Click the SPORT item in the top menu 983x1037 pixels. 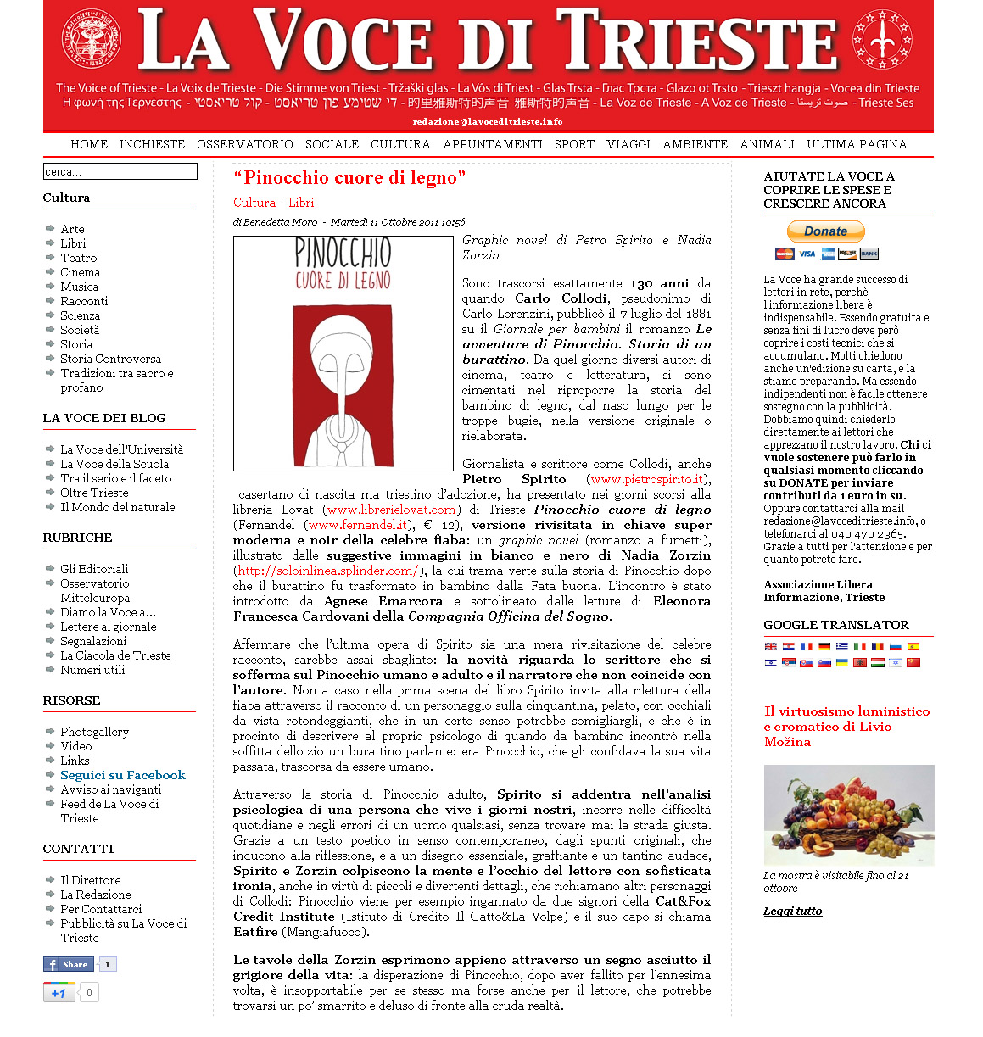point(574,144)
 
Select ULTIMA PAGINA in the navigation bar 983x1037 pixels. point(857,144)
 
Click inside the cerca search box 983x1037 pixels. point(120,171)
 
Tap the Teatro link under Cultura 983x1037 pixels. point(78,258)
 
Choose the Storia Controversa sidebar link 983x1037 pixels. point(110,359)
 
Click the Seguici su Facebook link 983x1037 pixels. point(122,775)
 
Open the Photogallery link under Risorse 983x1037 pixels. point(94,732)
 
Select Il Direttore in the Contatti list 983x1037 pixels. point(90,880)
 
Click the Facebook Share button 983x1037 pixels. point(68,964)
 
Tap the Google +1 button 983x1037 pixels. point(59,992)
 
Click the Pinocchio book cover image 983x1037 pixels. point(343,354)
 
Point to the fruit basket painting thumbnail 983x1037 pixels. point(848,815)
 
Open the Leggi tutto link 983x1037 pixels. point(792,912)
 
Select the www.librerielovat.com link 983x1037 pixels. point(391,510)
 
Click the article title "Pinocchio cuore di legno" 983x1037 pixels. point(349,178)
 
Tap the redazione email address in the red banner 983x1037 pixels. point(487,122)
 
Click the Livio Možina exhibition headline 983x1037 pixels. point(846,726)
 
